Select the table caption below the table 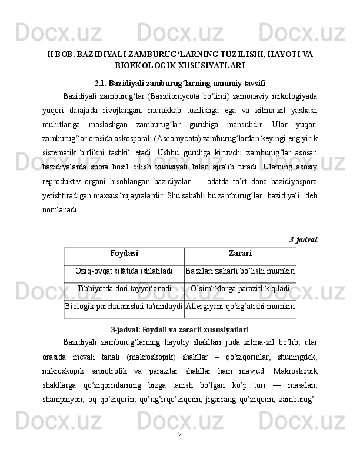[x=179, y=328]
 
